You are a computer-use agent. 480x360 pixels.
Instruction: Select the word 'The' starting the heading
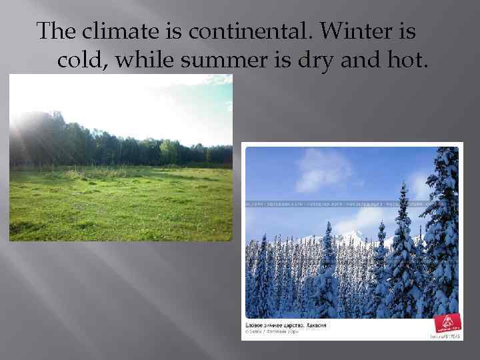point(57,31)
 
